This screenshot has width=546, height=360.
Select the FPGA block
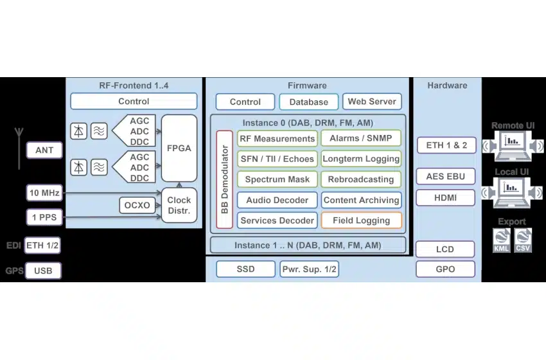coord(179,148)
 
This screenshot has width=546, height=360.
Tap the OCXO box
coord(137,206)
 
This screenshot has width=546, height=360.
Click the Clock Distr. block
coord(179,205)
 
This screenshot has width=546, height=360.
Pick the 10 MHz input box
coord(44,192)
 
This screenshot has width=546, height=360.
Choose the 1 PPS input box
coord(44,217)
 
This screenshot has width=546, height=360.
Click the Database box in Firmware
coord(308,102)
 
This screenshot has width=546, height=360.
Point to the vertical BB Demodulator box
coord(225,179)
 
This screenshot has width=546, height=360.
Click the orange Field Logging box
coord(362,221)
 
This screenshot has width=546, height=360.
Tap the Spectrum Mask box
coord(277,179)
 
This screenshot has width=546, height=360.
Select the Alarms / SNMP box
coord(362,138)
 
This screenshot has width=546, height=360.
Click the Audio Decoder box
coord(277,200)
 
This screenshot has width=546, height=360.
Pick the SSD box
coord(245,269)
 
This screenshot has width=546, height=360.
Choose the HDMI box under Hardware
coord(445,198)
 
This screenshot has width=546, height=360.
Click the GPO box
coord(445,269)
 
